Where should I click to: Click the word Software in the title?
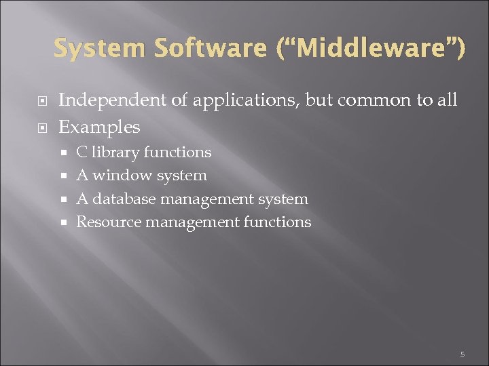point(211,49)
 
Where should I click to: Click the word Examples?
point(99,127)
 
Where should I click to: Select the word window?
point(122,176)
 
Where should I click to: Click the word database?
point(124,199)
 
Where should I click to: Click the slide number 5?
point(462,354)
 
